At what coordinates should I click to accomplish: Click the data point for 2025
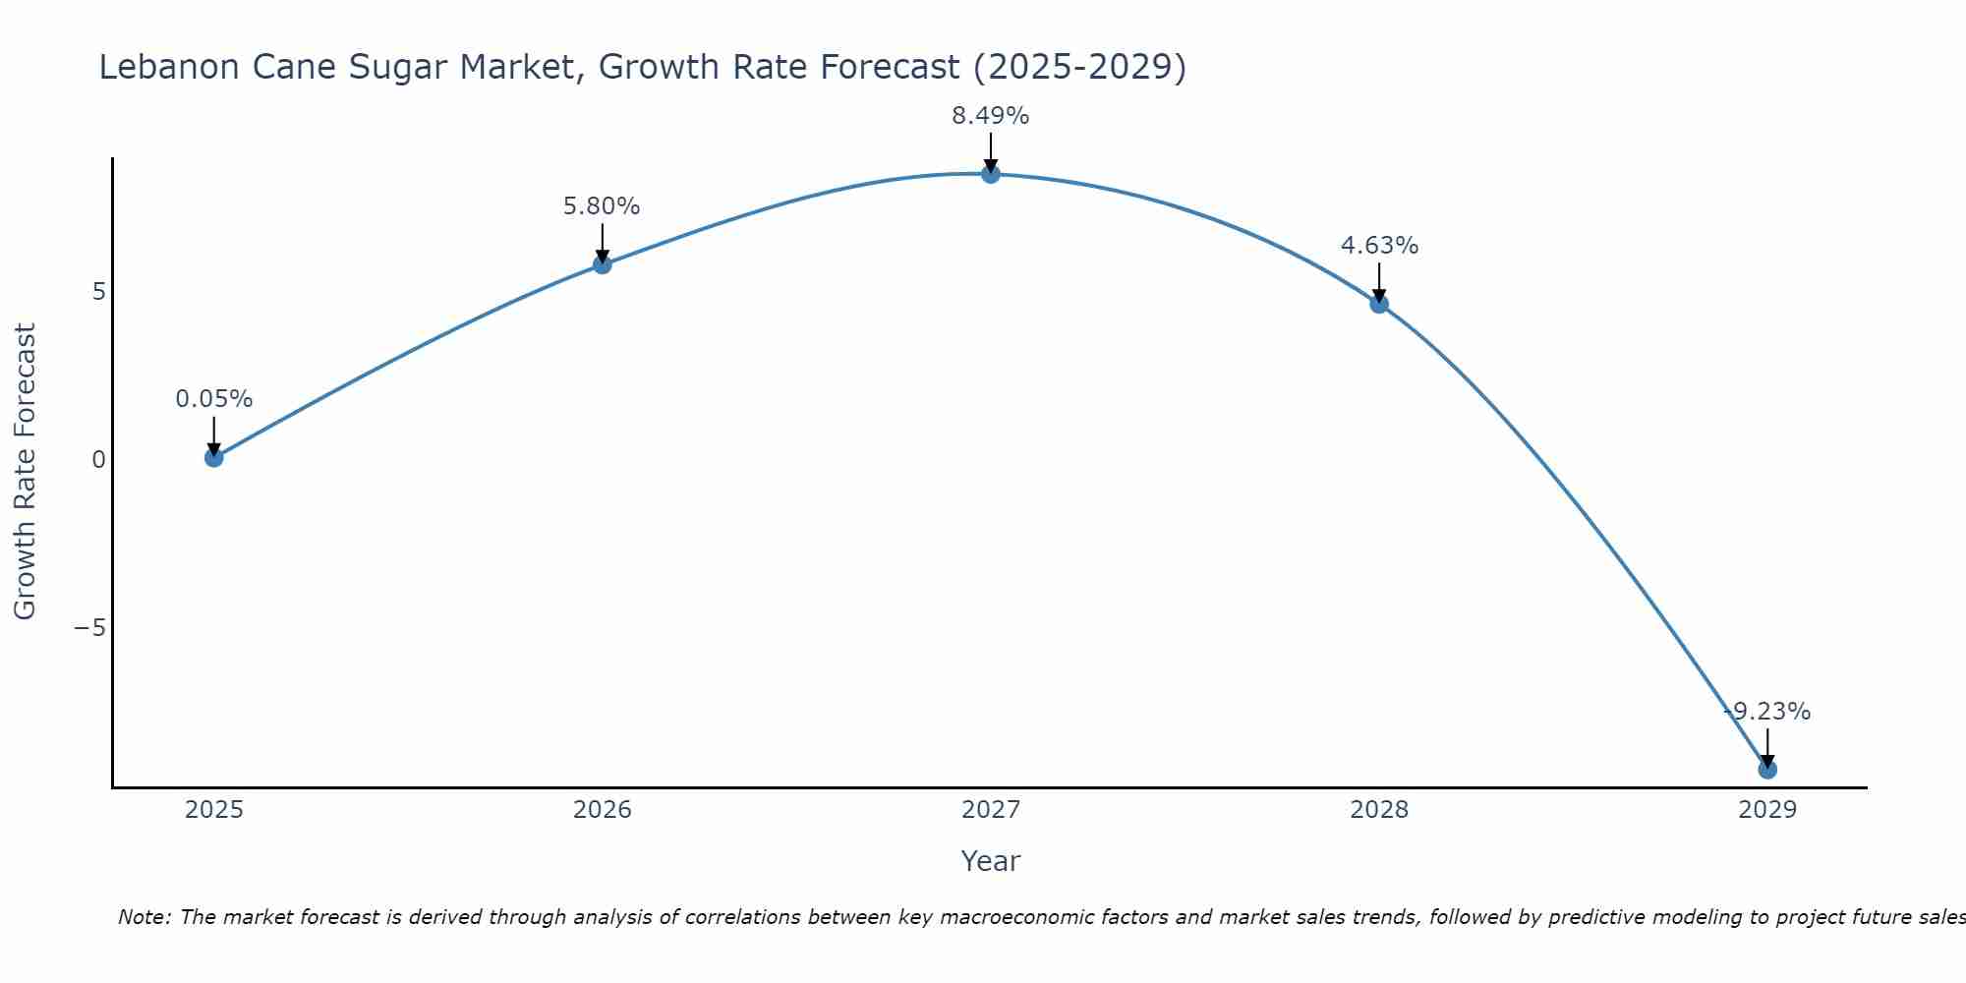[214, 457]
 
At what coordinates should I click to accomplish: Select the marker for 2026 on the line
[603, 264]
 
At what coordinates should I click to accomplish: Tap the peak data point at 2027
[991, 174]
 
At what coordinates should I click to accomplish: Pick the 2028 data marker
[1379, 304]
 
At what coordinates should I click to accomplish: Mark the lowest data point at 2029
[1767, 769]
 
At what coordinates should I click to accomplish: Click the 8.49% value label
[991, 116]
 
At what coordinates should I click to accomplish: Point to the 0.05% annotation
[214, 399]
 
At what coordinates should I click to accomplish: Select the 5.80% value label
[602, 206]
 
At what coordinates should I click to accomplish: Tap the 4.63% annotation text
[1379, 246]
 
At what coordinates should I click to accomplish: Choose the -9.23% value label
[1767, 712]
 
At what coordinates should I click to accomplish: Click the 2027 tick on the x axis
[991, 810]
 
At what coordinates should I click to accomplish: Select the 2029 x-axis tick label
[1767, 810]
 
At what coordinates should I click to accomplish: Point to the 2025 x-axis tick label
[214, 810]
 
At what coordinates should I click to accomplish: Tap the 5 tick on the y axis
[98, 292]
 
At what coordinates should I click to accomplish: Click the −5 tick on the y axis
[90, 627]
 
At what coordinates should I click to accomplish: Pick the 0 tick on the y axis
[98, 459]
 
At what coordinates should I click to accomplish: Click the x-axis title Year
[991, 861]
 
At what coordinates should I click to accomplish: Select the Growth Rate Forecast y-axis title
[25, 472]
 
